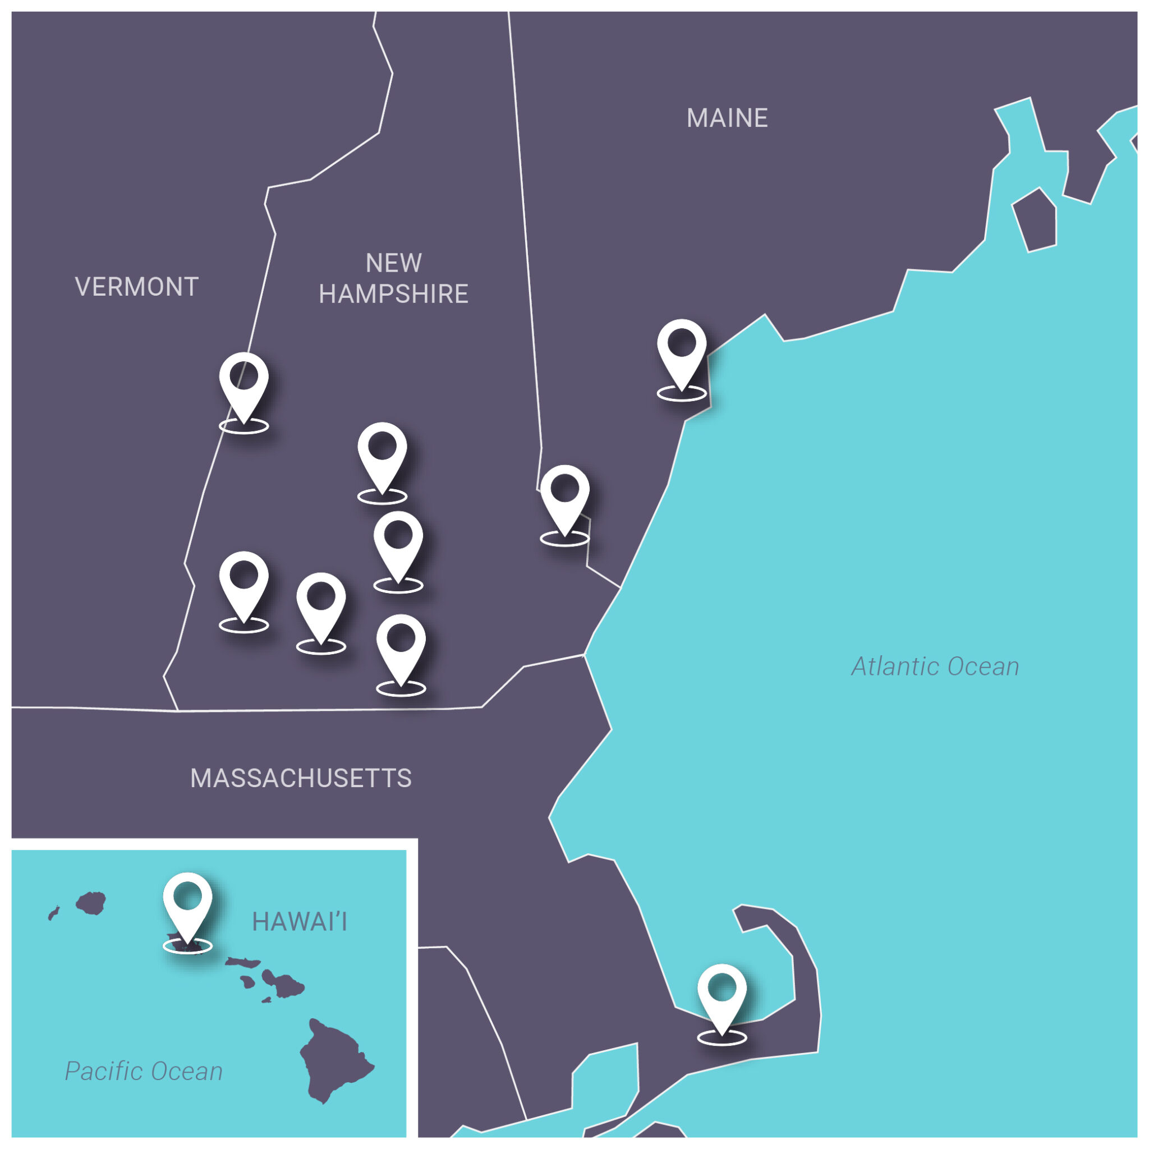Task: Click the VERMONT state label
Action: [x=136, y=287]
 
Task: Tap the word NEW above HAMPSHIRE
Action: [x=393, y=263]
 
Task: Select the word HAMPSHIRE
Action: [x=393, y=294]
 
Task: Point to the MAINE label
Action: [x=727, y=118]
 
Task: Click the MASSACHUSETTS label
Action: [x=300, y=779]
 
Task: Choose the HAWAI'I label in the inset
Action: [x=299, y=922]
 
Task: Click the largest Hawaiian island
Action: [x=333, y=1064]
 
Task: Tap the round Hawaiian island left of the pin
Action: [x=91, y=903]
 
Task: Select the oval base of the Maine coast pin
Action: [x=682, y=393]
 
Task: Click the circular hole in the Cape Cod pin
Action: [x=721, y=987]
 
